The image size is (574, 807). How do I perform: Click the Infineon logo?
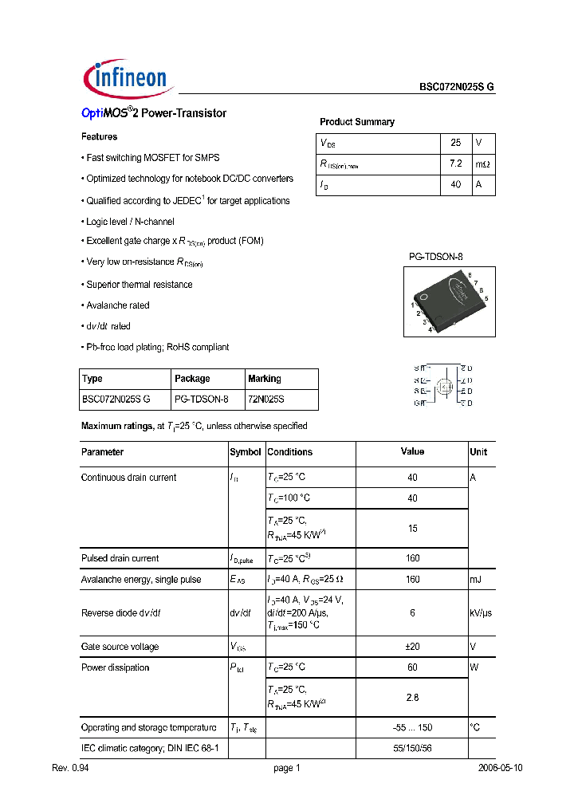point(126,78)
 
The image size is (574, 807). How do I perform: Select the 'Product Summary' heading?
point(356,122)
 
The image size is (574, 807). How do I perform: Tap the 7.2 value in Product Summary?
point(456,163)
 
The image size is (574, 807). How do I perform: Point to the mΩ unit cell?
point(483,163)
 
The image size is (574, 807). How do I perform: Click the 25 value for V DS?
point(456,143)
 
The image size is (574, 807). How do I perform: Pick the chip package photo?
point(449,301)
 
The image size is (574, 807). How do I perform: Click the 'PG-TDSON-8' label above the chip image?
point(435,257)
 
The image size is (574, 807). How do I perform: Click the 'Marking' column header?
point(265,379)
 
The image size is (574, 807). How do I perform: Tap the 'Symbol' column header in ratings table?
point(246,452)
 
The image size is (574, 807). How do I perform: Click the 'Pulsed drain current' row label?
point(120,558)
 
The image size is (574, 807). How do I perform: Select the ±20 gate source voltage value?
point(412,647)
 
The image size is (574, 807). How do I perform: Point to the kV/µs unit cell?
point(482,613)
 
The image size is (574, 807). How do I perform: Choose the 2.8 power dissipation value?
point(412,697)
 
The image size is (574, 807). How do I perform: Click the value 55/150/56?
point(412,749)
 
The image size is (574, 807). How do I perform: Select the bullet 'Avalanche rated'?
point(117,305)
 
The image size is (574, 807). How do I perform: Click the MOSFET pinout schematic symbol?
point(443,386)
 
